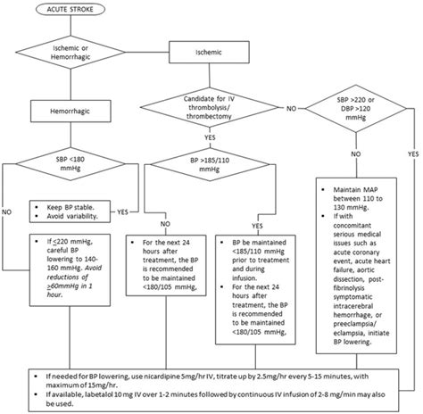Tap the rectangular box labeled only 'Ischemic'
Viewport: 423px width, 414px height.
(201, 53)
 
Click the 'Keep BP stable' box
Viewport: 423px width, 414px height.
(70, 210)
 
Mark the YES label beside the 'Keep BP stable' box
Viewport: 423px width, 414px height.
(122, 211)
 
